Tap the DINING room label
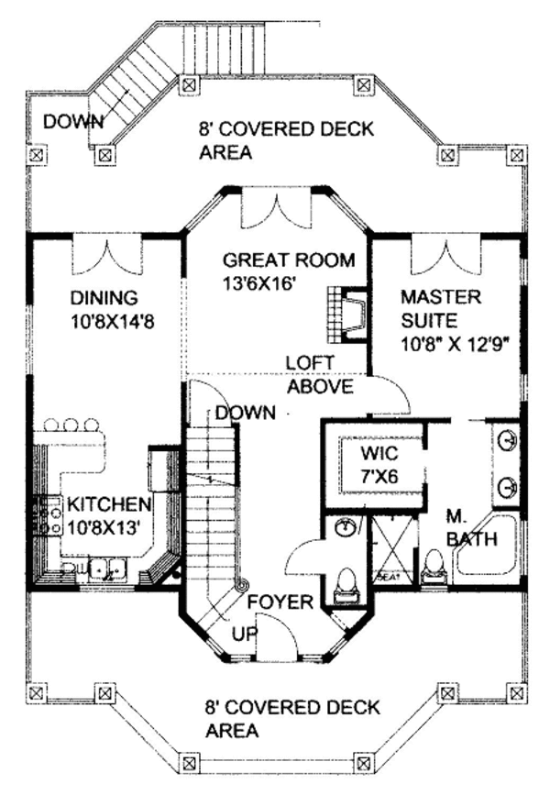(104, 298)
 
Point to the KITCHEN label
(107, 504)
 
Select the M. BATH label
(470, 528)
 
